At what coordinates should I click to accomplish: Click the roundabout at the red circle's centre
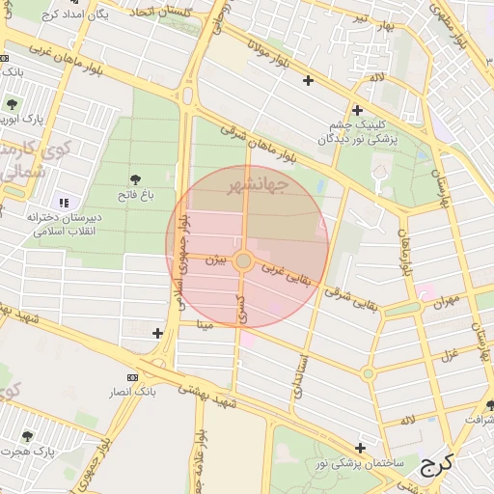point(244,261)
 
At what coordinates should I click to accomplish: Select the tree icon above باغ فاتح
point(134,179)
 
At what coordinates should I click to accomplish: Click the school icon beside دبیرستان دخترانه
point(65,203)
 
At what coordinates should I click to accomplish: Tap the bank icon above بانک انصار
point(132,376)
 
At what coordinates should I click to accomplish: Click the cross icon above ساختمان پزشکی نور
point(360,448)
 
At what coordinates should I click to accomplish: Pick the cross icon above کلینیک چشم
point(357,111)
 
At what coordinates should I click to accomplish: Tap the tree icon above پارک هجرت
point(28,436)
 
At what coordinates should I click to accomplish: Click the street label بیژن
point(221,260)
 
